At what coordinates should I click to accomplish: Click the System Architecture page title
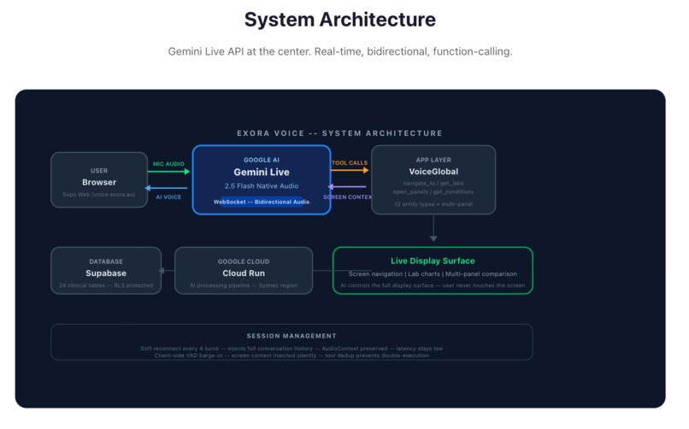339,20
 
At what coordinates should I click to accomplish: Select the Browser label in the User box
99,182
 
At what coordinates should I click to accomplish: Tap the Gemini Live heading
262,172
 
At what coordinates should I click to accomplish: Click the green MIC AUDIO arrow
169,172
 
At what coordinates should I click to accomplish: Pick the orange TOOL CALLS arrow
350,171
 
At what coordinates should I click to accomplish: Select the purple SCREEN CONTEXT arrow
350,187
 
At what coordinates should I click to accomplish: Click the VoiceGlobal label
433,172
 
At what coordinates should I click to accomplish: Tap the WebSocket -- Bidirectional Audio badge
262,202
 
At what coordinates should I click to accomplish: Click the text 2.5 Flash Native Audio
262,186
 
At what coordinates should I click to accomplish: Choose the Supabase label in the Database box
106,273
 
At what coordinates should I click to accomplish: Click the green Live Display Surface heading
433,261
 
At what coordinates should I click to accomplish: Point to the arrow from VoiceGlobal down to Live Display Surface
433,229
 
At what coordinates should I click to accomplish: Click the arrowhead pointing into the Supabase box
164,271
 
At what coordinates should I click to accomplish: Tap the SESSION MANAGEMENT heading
291,336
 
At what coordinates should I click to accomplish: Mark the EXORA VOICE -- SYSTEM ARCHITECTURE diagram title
339,133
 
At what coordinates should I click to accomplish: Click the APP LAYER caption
433,160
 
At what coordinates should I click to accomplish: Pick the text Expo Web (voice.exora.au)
99,194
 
